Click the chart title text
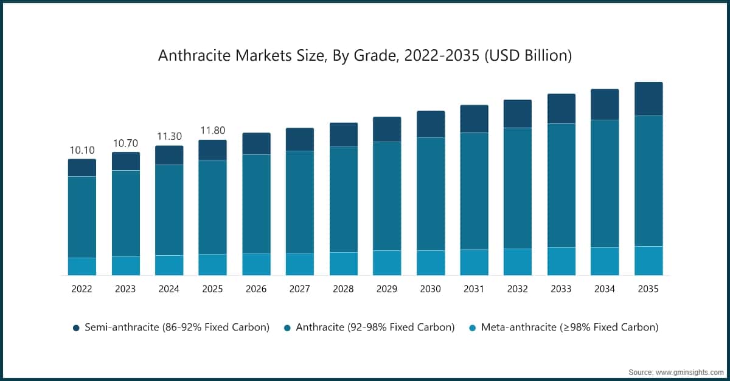(x=365, y=56)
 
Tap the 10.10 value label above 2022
(x=82, y=150)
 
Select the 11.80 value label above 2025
(x=212, y=131)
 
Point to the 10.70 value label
(x=125, y=143)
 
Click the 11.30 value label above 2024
(x=169, y=137)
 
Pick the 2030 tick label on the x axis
(x=430, y=289)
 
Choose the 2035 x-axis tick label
(x=648, y=289)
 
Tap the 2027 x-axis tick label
(x=299, y=289)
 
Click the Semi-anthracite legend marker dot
(x=76, y=328)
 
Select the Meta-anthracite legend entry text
(x=569, y=327)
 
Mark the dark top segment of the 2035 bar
(x=648, y=99)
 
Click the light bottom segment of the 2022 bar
(x=82, y=266)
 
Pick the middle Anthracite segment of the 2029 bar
(x=387, y=196)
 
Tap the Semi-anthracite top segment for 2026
(x=256, y=143)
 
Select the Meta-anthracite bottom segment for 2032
(x=518, y=262)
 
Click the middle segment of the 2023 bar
(x=126, y=213)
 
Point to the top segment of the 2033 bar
(x=561, y=109)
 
